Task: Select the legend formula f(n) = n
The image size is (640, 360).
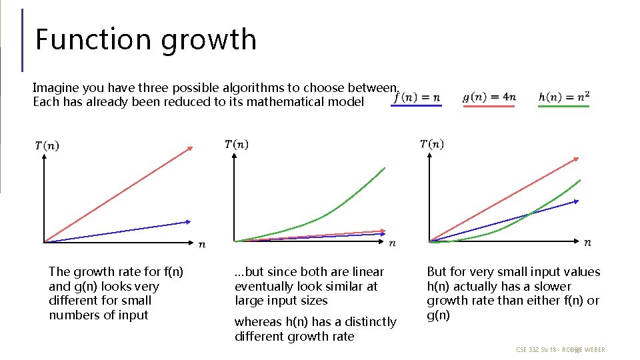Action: tap(417, 97)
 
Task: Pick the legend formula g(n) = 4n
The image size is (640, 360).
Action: tap(489, 97)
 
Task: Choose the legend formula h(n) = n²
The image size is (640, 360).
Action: tap(564, 97)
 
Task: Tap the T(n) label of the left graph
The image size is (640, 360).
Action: tap(47, 145)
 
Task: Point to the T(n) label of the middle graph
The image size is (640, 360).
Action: tap(237, 144)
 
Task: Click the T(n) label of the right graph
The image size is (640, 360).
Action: tap(432, 143)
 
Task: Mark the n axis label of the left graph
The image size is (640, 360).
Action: tap(202, 245)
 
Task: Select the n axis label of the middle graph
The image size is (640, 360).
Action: tap(392, 243)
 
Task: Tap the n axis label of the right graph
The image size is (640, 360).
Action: tap(587, 243)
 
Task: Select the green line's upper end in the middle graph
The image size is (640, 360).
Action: tap(384, 169)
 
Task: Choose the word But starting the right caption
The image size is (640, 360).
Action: tap(437, 272)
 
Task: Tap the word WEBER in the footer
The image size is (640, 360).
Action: tap(594, 349)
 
